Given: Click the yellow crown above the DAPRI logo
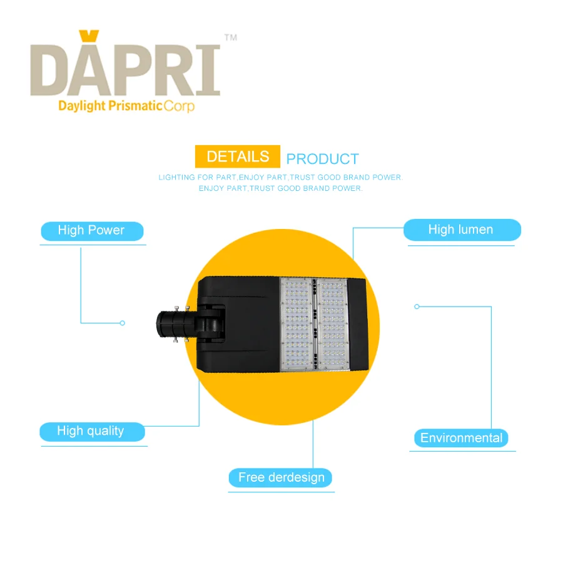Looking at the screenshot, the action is point(89,36).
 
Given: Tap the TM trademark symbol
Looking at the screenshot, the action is point(230,38).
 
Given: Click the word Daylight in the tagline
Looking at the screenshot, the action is point(82,106).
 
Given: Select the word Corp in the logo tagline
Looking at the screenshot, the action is point(179,106).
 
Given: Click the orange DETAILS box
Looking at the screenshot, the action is point(237,156).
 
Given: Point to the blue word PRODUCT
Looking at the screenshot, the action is point(322,159).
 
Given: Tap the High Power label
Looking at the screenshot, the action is point(92,231).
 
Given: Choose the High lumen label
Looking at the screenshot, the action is point(462,230).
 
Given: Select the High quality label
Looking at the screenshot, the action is point(92,432).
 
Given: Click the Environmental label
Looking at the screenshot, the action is point(461,438).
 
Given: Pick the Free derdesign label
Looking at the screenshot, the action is point(280,477).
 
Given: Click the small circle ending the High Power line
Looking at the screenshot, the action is point(123,323).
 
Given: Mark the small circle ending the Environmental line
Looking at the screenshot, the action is point(417,307).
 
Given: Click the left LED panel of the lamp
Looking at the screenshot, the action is point(297,324).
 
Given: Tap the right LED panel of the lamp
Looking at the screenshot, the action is point(333,324).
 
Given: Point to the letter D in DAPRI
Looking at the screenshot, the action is point(53,71).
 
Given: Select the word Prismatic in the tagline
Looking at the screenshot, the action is point(135,106).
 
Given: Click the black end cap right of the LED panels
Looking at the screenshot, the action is point(358,324).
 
